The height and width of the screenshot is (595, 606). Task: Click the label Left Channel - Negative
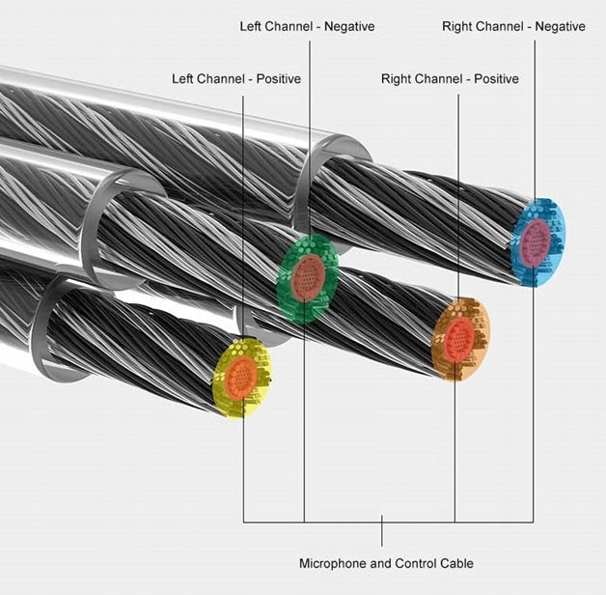pos(307,26)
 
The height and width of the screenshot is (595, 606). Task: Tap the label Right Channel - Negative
pos(513,26)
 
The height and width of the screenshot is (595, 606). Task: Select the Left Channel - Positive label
pos(236,79)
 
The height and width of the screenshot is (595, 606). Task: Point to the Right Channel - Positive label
pos(450,79)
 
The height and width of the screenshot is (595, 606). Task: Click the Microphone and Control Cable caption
pos(387,563)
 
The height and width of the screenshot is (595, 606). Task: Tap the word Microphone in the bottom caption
pos(333,564)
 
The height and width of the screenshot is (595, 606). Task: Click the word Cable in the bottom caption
pos(455,563)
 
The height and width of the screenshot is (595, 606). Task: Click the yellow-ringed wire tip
pos(241,378)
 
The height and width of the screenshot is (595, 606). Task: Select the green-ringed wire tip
pos(308,278)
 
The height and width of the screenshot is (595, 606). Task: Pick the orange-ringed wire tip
pos(460,339)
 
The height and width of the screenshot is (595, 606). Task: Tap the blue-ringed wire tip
pos(537,242)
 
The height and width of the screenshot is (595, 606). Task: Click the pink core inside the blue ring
pos(536,242)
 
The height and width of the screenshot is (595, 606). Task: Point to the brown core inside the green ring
pos(308,277)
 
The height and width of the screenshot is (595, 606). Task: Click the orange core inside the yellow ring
pos(241,378)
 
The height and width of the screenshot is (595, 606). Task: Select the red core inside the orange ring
pos(459,340)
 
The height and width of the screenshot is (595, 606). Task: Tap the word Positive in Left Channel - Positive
pos(279,79)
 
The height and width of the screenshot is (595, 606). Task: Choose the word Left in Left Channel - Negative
pos(251,26)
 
